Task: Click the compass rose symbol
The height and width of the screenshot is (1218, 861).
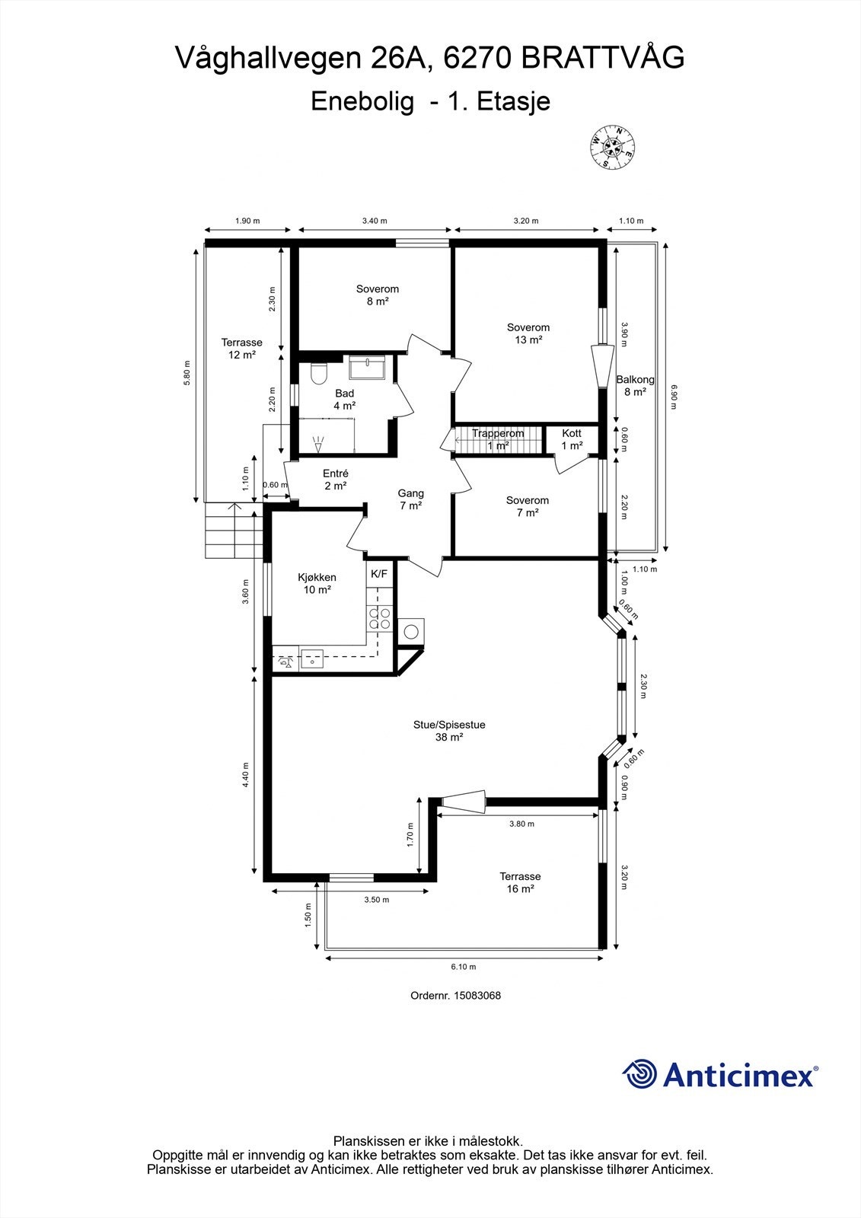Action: tap(613, 147)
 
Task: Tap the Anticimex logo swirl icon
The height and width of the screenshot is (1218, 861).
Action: tap(639, 1073)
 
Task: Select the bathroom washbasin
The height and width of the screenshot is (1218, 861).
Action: tap(367, 367)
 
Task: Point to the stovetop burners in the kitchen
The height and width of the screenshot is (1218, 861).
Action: tap(380, 618)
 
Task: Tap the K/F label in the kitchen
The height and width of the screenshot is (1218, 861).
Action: tap(379, 574)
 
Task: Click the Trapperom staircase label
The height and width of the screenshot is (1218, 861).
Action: tap(498, 433)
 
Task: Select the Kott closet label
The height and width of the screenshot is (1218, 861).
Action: tap(572, 433)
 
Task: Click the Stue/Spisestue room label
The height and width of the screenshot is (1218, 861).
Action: tap(449, 724)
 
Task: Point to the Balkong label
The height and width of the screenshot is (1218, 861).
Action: tap(635, 380)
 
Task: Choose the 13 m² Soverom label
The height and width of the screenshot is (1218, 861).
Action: tap(528, 333)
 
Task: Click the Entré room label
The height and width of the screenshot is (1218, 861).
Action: tap(336, 473)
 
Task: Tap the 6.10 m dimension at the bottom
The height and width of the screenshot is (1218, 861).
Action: tap(464, 967)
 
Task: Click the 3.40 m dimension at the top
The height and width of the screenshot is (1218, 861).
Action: tap(375, 221)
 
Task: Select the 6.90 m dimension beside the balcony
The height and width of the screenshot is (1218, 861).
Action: tap(674, 397)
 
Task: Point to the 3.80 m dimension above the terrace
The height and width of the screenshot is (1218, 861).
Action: tap(521, 824)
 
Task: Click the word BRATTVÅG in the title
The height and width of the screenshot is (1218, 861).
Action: tap(603, 58)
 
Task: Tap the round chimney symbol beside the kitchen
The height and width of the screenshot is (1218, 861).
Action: tap(410, 632)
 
